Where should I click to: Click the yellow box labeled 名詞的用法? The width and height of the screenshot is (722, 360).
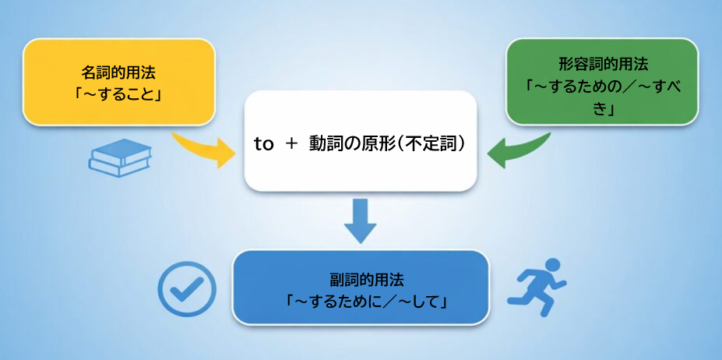click(118, 82)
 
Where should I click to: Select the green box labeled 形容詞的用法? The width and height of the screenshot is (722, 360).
click(602, 82)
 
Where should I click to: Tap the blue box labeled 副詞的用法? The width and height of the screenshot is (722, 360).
click(361, 288)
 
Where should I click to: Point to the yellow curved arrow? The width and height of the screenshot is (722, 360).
click(204, 149)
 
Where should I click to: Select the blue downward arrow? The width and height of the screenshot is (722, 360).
click(360, 221)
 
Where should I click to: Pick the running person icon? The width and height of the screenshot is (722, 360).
click(537, 286)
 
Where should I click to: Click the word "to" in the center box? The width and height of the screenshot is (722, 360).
click(264, 144)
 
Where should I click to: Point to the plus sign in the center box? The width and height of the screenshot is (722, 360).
click(292, 144)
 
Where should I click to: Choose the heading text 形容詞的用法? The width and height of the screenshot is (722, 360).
click(603, 63)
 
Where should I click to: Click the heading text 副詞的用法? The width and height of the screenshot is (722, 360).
click(361, 278)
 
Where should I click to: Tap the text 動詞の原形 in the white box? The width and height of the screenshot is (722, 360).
click(348, 144)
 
